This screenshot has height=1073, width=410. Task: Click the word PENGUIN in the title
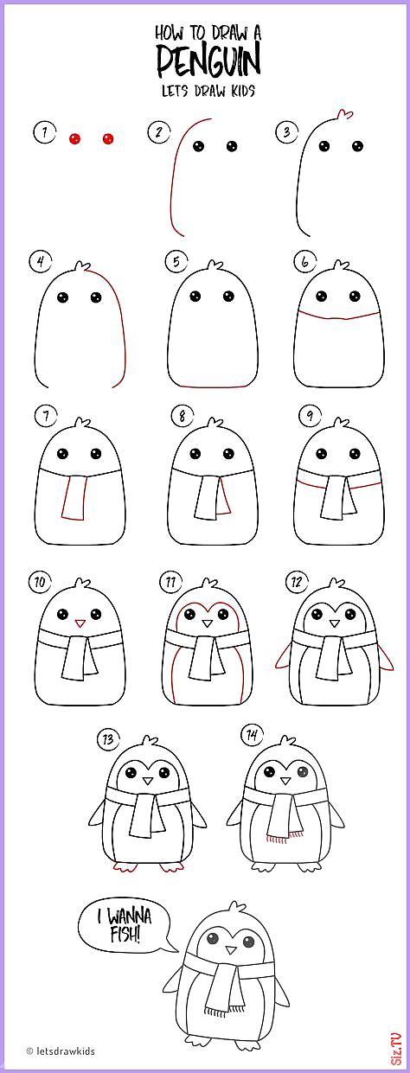pos(208,61)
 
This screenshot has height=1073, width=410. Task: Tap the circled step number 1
pos(45,131)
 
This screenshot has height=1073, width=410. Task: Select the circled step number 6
pos(305,261)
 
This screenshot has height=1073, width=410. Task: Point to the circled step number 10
pos(40,583)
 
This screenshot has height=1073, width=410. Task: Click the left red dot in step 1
pos(74,139)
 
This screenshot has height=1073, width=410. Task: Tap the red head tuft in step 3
pos(344,114)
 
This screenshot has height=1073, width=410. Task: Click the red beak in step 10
pos(80,623)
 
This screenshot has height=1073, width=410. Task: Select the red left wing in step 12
pos(283,655)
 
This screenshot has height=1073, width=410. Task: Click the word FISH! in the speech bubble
pos(125,934)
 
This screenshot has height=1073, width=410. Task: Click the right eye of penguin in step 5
pos(228,296)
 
